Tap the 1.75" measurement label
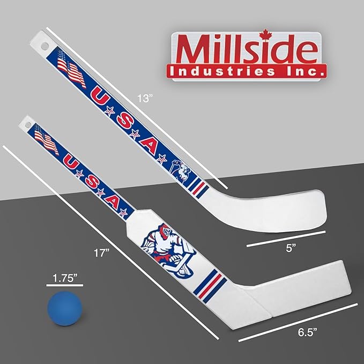[x=64, y=278]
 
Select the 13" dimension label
[x=145, y=98]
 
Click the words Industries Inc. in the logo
[x=247, y=70]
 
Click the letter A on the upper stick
[x=152, y=146]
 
